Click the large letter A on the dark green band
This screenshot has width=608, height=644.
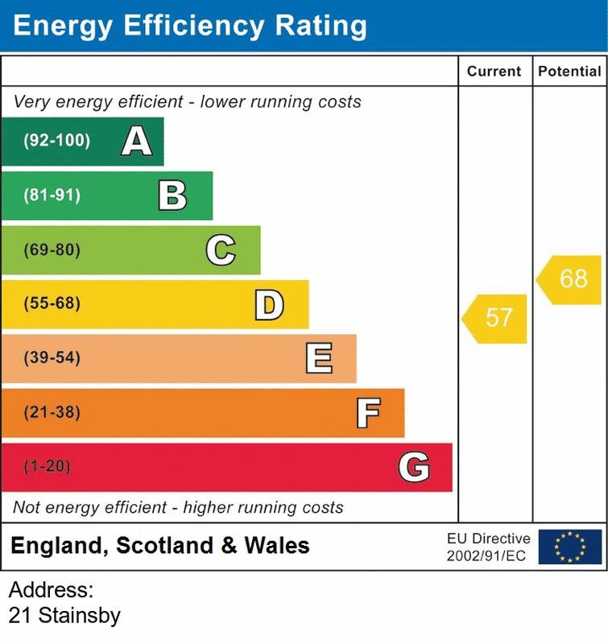[x=137, y=142]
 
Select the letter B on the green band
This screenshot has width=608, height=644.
[x=172, y=196]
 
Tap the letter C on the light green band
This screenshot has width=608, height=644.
[x=221, y=250]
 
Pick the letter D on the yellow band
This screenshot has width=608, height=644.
[x=269, y=304]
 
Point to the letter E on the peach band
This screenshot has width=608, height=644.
[x=319, y=358]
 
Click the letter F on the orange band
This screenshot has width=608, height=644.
[x=368, y=413]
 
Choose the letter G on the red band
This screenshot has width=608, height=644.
[x=414, y=467]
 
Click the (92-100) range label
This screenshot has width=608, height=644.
[x=56, y=142]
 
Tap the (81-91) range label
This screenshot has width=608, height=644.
[x=52, y=196]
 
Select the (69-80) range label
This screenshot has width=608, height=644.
[x=52, y=250]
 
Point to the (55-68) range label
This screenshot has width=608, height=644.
[x=52, y=304]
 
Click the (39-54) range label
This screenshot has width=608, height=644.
[x=52, y=358]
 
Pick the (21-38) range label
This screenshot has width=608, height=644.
[x=52, y=413]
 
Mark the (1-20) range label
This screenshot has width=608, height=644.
[x=47, y=467]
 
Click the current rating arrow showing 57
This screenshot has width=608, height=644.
[x=496, y=318]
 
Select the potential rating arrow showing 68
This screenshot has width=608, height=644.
[x=571, y=279]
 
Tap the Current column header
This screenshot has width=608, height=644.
[x=494, y=72]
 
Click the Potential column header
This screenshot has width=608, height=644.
[x=569, y=72]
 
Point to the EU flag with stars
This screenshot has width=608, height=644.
[x=569, y=546]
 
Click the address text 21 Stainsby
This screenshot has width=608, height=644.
[x=64, y=617]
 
